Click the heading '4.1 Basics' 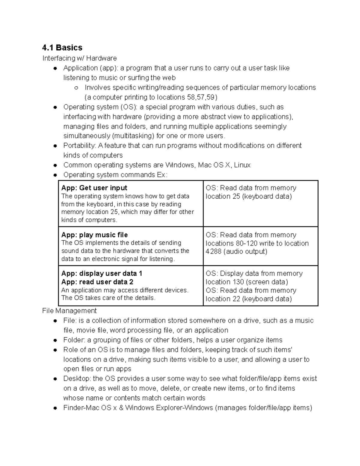point(62,48)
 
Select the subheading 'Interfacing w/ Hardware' point(79,58)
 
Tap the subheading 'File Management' point(69,311)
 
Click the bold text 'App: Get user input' point(94,188)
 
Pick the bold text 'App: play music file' point(94,235)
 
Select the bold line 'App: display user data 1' point(102,273)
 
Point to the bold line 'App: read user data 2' point(97,282)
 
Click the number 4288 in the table point(213,251)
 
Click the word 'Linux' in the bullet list point(242,165)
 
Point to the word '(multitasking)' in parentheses point(133,136)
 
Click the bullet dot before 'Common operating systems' point(55,165)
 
